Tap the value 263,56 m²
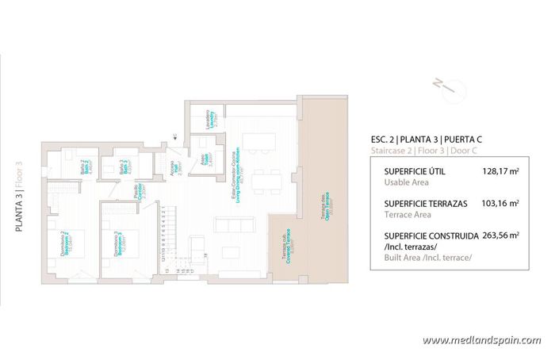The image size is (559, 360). tap(500, 236)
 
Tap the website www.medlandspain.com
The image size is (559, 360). tap(481, 341)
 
